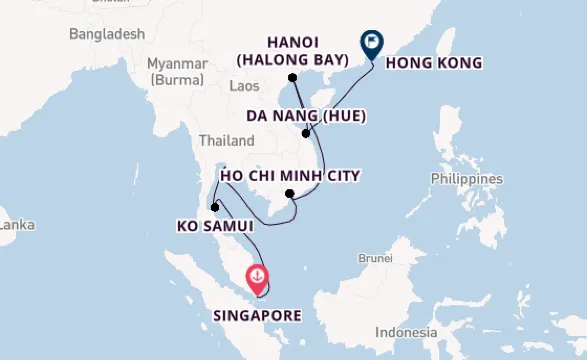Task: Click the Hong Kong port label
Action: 433,63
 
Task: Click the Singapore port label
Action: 257,315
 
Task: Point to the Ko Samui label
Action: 215,226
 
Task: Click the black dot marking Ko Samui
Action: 215,208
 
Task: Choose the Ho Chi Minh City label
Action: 290,175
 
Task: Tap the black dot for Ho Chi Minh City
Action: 290,194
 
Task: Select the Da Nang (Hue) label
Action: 306,115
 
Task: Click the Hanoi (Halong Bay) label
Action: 292,51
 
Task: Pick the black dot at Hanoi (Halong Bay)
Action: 293,77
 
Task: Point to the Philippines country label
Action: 467,178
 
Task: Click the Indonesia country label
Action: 406,332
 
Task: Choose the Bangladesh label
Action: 107,34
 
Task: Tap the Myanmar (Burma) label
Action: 177,70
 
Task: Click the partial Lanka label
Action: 17,225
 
